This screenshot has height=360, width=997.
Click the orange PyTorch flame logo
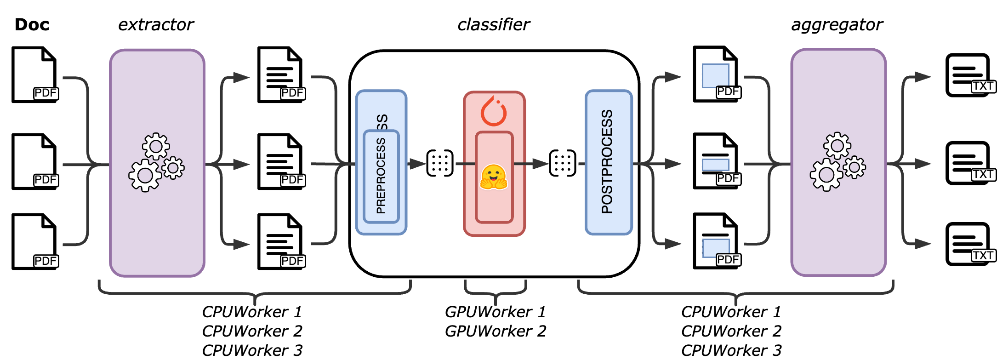click(494, 111)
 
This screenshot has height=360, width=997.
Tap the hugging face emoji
click(493, 177)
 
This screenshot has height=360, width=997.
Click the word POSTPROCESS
click(607, 161)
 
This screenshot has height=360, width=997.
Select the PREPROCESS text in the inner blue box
click(381, 176)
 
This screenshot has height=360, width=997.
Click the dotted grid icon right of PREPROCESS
click(440, 163)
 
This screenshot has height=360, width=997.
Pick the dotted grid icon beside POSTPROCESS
click(563, 163)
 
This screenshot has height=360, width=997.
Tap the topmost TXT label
click(983, 86)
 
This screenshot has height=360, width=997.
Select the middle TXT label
click(983, 174)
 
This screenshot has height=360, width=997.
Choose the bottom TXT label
click(983, 255)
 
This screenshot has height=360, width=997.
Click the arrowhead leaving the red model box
click(540, 163)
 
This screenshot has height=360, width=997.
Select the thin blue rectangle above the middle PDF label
click(716, 165)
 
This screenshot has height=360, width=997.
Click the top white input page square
click(34, 76)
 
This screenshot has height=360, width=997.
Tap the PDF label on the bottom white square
click(46, 261)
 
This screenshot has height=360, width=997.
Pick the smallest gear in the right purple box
click(855, 167)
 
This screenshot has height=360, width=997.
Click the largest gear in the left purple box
click(145, 175)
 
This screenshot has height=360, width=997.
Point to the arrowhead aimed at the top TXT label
click(922, 77)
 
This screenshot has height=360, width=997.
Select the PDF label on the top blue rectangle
click(728, 91)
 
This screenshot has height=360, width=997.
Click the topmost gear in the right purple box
click(837, 146)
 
